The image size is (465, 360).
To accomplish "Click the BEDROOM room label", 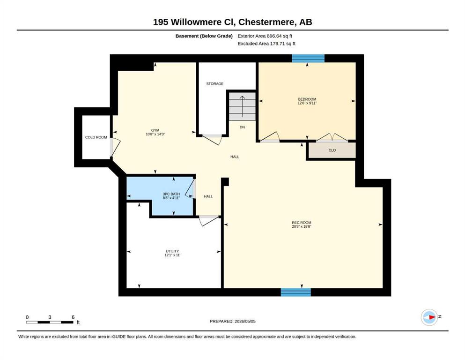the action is (x=307, y=99).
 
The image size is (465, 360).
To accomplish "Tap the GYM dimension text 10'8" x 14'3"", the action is (x=155, y=134).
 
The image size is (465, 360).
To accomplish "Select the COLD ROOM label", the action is (x=96, y=137).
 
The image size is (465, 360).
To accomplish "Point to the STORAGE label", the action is (x=215, y=84).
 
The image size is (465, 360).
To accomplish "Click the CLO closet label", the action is (x=332, y=150).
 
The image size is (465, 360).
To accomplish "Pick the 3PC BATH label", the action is (x=171, y=194).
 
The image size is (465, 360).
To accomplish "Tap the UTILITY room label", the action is (x=172, y=251).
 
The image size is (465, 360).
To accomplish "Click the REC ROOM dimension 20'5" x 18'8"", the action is (x=302, y=226).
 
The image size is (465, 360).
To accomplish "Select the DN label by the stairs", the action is (x=242, y=127).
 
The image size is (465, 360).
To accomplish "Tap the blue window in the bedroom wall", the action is (x=308, y=59).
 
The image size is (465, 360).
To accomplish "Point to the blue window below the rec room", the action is (x=295, y=292).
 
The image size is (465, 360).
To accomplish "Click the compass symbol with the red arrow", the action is (x=429, y=317).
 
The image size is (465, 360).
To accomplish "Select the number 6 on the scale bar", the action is (x=73, y=317).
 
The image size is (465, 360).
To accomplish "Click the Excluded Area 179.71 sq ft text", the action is (x=266, y=44).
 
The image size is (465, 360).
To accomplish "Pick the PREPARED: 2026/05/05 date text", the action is (x=232, y=321).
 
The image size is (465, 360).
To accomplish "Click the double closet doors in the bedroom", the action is (x=332, y=138).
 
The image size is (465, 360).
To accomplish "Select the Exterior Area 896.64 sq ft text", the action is (x=265, y=36).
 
